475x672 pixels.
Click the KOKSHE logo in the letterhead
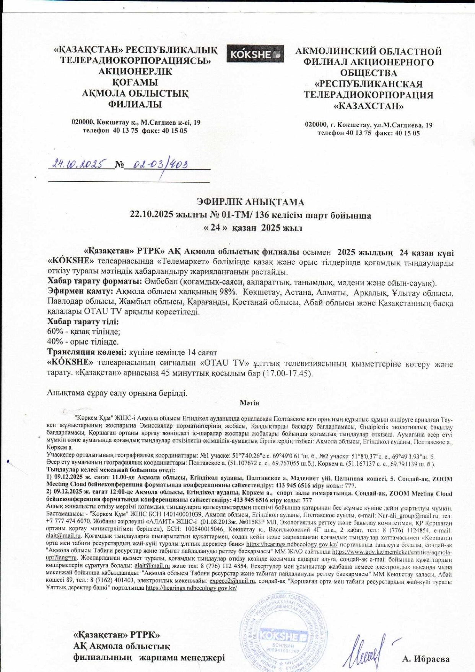[255, 54]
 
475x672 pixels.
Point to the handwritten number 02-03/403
[160, 165]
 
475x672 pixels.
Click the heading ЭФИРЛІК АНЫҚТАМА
[251, 202]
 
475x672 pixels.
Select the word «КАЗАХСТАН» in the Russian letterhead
[369, 106]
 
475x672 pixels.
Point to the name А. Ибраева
[426, 659]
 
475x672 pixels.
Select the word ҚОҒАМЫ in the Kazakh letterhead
[135, 82]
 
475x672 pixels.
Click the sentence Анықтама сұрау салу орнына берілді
[117, 392]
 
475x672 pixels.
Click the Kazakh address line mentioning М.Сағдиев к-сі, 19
[136, 123]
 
